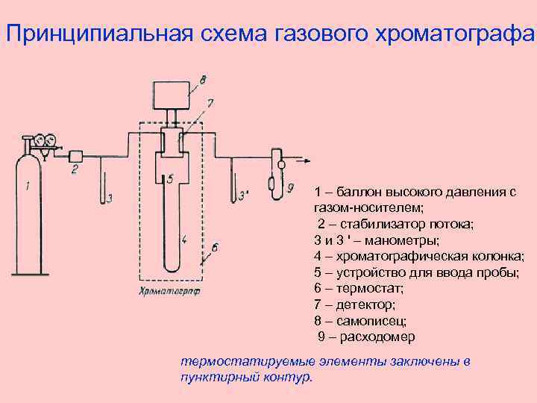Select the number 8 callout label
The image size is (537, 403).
pos(203,77)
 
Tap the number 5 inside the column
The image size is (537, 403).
pos(170,179)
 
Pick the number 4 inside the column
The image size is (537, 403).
pos(183,240)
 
